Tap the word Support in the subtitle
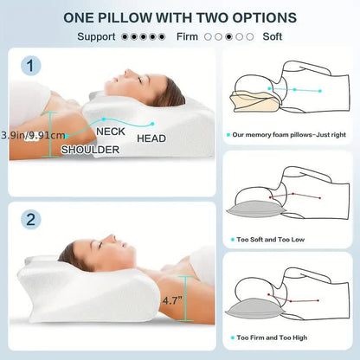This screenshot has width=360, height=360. pyautogui.click(x=98, y=36)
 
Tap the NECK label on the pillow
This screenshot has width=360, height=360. pyautogui.click(x=110, y=132)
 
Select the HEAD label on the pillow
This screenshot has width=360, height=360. pyautogui.click(x=151, y=138)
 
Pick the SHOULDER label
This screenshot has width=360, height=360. pyautogui.click(x=90, y=149)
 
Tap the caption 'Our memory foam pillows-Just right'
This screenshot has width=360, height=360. pyautogui.click(x=290, y=135)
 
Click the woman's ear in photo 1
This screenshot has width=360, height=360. pyautogui.click(x=154, y=90)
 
